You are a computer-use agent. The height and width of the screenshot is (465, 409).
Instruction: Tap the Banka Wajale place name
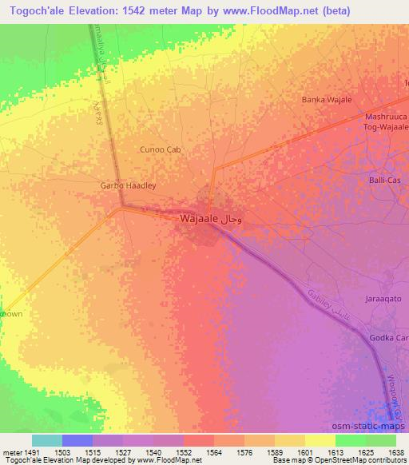[326, 100]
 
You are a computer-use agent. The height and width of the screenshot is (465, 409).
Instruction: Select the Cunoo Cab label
[161, 149]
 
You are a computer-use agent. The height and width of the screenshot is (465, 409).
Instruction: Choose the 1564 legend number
[212, 452]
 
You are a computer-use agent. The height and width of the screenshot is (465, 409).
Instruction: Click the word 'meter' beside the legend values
[10, 452]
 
